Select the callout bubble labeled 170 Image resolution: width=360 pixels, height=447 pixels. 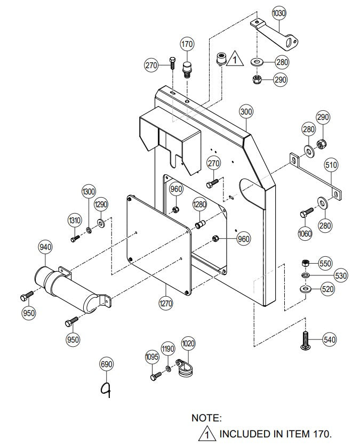pos(187,44)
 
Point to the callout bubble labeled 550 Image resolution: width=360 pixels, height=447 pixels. pos(325,263)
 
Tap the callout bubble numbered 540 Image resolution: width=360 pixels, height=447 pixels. pos(330,339)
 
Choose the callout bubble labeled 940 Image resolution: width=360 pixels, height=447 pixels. pos(45,247)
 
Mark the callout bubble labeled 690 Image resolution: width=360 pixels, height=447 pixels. pos(107,364)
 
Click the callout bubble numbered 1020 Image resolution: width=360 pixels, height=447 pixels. pos(188,343)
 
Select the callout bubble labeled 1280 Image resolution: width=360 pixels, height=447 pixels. pos(199,205)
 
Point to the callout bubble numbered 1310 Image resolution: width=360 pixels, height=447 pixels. pos(75,221)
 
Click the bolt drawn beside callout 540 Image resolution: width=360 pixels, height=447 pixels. pos(305,340)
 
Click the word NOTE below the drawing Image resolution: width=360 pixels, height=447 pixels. pos(206,419)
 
